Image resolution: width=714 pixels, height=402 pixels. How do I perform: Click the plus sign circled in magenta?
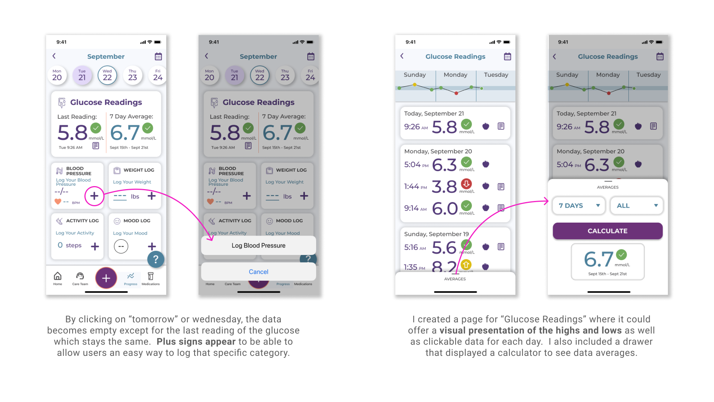pyautogui.click(x=94, y=196)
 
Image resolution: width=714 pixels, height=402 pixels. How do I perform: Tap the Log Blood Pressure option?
pyautogui.click(x=258, y=246)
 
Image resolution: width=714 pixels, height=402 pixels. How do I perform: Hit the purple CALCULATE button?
pyautogui.click(x=607, y=231)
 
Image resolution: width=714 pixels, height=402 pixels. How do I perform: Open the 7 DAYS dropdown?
pyautogui.click(x=579, y=205)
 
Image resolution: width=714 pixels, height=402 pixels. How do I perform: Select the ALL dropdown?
pyautogui.click(x=636, y=205)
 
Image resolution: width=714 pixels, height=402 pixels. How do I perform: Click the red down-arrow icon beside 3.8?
pyautogui.click(x=466, y=184)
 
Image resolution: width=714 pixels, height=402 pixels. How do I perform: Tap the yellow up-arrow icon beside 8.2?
pyautogui.click(x=466, y=264)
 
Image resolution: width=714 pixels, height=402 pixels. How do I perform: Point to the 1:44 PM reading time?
pyautogui.click(x=415, y=186)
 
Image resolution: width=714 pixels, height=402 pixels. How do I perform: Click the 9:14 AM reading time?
pyautogui.click(x=415, y=208)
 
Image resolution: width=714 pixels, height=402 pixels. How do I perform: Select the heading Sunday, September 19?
pyautogui.click(x=436, y=234)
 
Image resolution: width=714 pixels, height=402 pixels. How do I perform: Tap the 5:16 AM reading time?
pyautogui.click(x=415, y=247)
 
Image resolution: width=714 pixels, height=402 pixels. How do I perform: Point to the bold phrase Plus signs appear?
pyautogui.click(x=196, y=342)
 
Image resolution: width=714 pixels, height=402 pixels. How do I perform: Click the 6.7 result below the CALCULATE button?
pyautogui.click(x=598, y=259)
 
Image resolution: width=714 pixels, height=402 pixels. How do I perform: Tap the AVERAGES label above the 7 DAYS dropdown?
pyautogui.click(x=608, y=187)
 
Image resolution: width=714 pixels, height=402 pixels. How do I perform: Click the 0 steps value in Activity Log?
pyautogui.click(x=70, y=245)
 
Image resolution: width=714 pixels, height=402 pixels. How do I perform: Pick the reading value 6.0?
pyautogui.click(x=444, y=208)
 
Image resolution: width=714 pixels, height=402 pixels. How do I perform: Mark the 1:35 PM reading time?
pyautogui.click(x=414, y=267)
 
